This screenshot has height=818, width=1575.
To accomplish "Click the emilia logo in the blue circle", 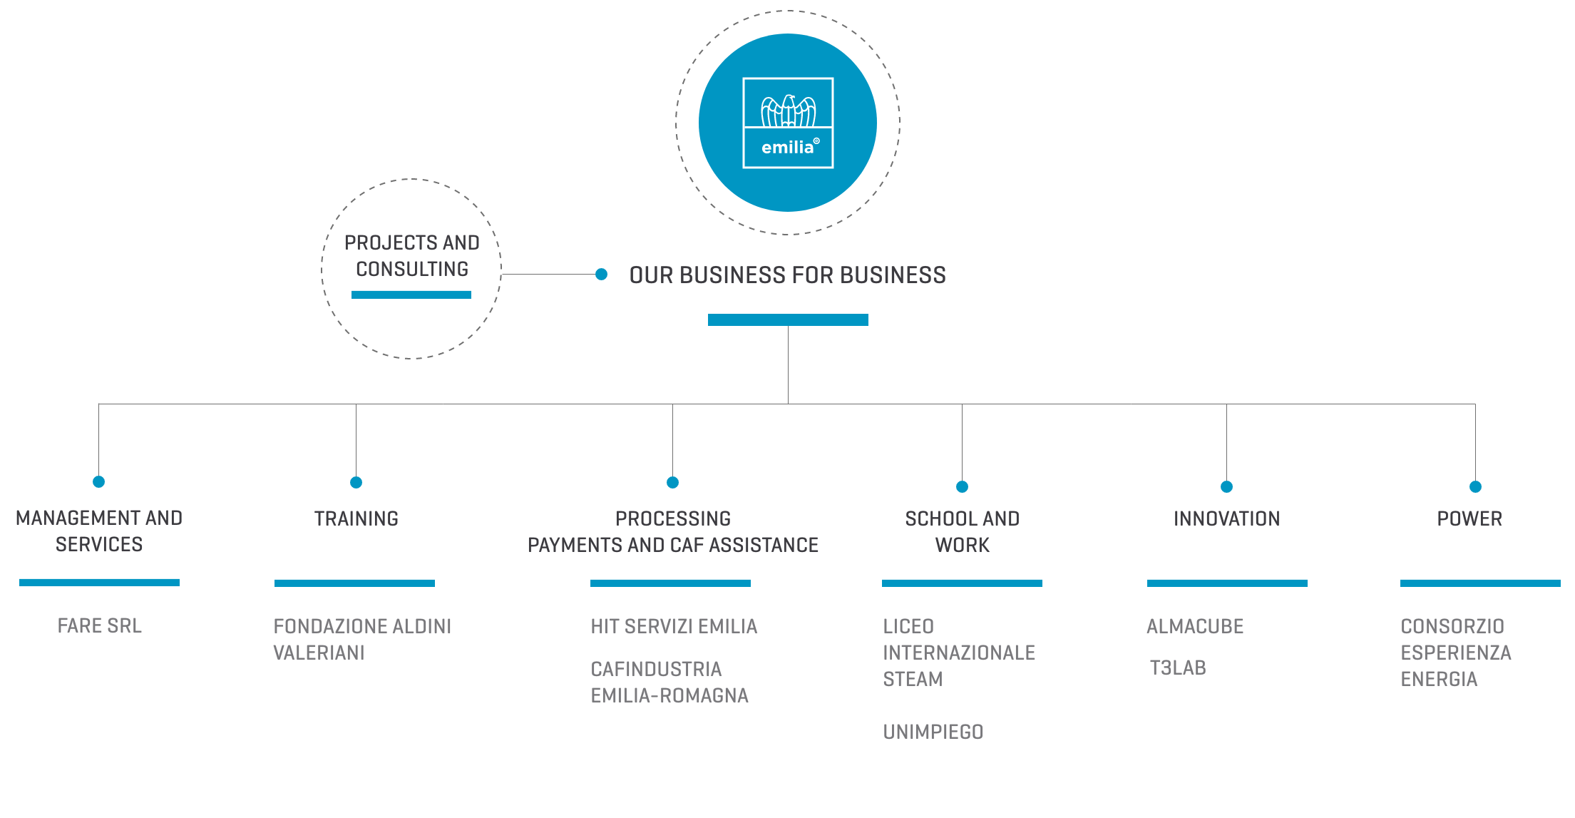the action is click(x=788, y=123).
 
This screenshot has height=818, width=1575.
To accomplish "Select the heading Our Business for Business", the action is click(x=788, y=275).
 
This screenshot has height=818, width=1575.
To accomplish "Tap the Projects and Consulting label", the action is click(x=412, y=256).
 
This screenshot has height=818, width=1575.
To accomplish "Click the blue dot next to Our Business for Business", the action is click(x=601, y=274).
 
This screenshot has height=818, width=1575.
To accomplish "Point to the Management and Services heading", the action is click(x=99, y=531).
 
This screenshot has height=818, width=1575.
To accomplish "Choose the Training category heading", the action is click(x=356, y=519).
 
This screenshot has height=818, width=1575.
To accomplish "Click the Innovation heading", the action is click(x=1227, y=519).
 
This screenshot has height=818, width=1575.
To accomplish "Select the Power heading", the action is click(x=1469, y=519).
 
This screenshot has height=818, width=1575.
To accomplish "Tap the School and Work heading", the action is click(x=963, y=532).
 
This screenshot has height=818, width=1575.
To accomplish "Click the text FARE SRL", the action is click(x=100, y=626).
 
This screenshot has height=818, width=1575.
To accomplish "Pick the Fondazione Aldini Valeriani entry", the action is click(x=362, y=640).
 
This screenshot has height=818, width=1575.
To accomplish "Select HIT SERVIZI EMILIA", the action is click(x=674, y=627).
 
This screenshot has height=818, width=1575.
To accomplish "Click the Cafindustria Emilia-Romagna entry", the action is click(x=669, y=682).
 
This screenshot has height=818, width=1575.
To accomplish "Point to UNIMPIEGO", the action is click(x=933, y=732).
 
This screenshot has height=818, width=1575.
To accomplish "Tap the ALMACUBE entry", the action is click(x=1195, y=627).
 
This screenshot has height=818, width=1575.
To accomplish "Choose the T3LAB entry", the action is click(x=1178, y=668).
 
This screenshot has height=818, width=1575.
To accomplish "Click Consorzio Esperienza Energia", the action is click(x=1456, y=653).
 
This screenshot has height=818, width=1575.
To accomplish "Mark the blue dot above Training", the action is click(x=356, y=483).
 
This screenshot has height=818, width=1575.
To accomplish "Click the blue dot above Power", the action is click(x=1476, y=487).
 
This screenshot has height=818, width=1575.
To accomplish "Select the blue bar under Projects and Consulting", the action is click(x=411, y=295).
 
